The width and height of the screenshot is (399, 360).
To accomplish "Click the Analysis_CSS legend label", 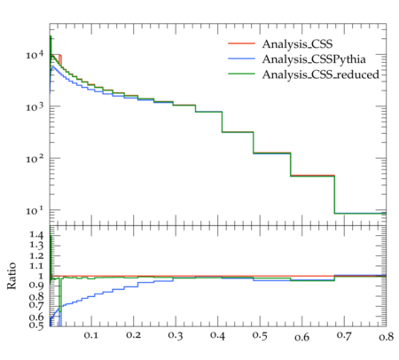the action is pos(297,44).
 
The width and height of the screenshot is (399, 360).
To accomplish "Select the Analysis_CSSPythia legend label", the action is pos(314,59).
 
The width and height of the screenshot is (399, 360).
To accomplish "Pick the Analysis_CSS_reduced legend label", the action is pos(321,74).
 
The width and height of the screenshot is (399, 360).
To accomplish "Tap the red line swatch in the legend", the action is pos(241,43).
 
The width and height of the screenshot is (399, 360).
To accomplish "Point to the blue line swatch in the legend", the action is pos(241,59).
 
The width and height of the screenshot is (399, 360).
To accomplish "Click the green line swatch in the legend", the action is pos(241,74).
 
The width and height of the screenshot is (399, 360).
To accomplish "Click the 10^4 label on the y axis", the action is pos(35,54).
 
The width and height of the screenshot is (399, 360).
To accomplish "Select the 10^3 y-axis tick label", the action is pos(35,106).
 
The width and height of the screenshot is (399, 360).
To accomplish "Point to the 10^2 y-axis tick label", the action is pos(35,158).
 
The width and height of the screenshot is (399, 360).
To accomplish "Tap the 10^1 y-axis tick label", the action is pos(35,210).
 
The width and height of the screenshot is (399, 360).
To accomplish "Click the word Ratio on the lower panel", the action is pos(12,276).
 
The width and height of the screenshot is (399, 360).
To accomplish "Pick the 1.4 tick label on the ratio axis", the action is pos(36,235).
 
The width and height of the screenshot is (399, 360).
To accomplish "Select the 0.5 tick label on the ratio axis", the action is pos(36,325).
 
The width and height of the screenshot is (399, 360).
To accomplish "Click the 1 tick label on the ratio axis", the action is pos(41,276).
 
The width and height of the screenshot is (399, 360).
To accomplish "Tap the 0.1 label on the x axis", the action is pos(91,335).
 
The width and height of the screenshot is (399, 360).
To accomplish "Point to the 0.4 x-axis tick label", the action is pos(217,335).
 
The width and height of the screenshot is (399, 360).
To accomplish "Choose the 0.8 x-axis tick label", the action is pos(387,336).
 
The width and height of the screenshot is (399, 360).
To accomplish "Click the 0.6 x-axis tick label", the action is pos(301,337).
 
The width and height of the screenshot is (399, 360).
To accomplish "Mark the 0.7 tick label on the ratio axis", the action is pos(36,305).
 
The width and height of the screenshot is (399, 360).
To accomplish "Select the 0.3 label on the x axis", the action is pos(176,335).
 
